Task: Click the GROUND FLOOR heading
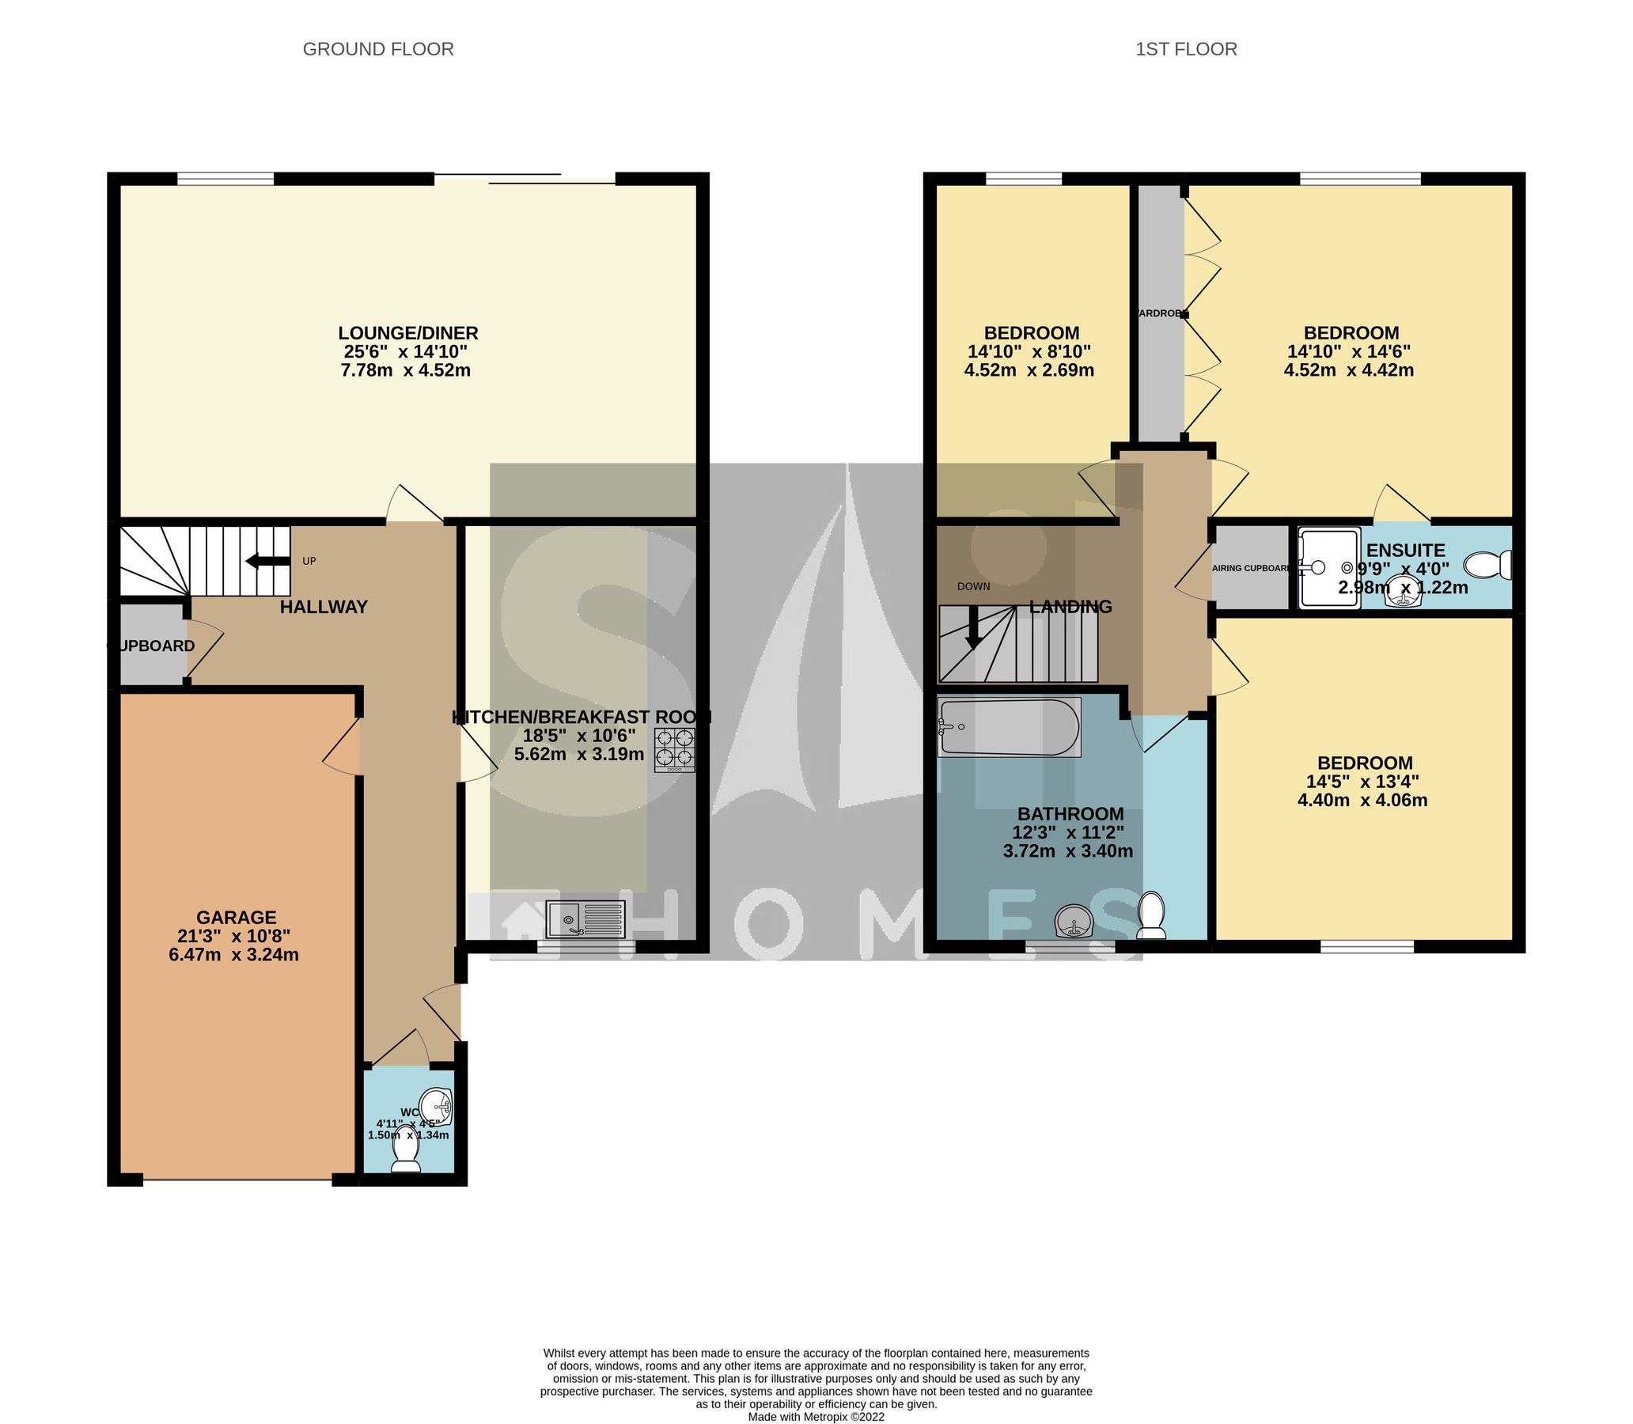(x=378, y=49)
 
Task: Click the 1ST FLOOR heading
(x=1186, y=49)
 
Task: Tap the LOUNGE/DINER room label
(x=407, y=333)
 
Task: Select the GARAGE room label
(x=236, y=918)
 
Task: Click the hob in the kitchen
(x=674, y=749)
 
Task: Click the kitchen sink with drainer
(x=585, y=919)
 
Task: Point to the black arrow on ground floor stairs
(x=267, y=561)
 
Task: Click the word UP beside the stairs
(x=309, y=561)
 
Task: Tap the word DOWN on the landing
(x=973, y=586)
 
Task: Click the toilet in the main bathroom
(x=1150, y=915)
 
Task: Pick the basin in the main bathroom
(x=1075, y=922)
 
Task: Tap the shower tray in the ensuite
(x=1329, y=568)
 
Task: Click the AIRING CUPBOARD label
(x=1251, y=568)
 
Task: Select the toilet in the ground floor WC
(x=406, y=1159)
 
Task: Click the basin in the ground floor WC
(x=436, y=1107)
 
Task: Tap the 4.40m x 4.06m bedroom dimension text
(x=1362, y=800)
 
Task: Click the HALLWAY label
(x=324, y=607)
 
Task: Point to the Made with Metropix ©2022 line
(x=816, y=1416)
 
